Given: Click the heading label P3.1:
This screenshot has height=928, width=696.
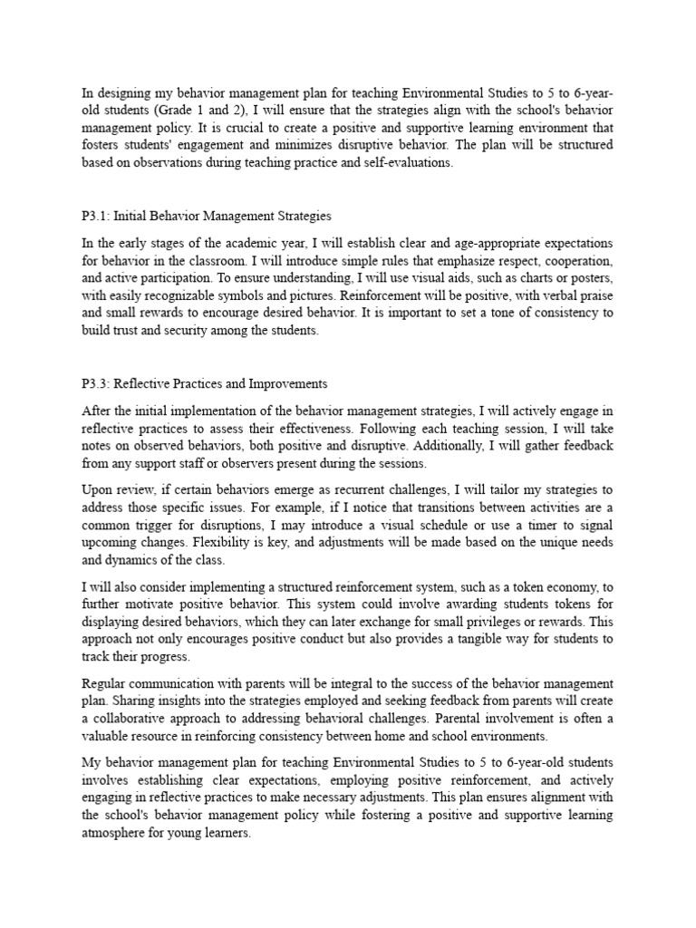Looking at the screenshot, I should [x=95, y=217].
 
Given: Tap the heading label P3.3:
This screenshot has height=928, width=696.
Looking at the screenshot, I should [x=95, y=384].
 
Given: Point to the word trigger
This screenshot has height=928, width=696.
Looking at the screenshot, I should [x=161, y=525].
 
